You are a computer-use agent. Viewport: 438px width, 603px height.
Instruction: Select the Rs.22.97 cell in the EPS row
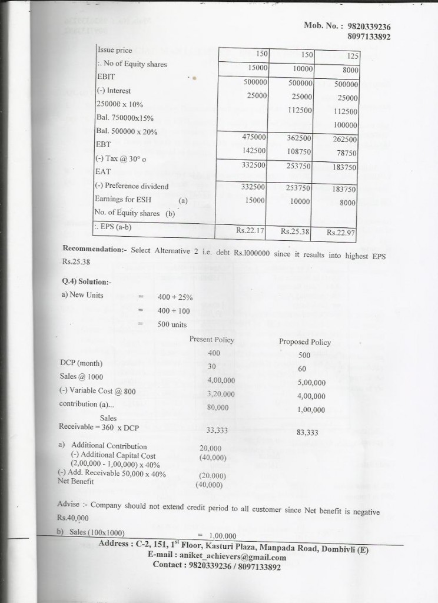pos(342,233)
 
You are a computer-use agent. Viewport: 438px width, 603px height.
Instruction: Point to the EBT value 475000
pos(254,137)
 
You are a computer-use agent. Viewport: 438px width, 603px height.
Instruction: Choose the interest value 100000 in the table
pos(345,125)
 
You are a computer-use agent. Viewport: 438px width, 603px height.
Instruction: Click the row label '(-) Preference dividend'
pos(132,186)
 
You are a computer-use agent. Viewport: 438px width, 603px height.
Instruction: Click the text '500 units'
pos(172,324)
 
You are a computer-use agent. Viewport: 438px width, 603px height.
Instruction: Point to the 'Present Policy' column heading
pos(211,340)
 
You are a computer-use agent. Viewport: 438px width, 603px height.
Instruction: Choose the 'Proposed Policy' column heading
pos(304,342)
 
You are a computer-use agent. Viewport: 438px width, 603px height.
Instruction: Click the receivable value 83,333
pos(307,433)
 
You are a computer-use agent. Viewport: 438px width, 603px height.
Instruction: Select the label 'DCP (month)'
pos(81,363)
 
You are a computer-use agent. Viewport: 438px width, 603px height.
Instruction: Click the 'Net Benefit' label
pos(76,481)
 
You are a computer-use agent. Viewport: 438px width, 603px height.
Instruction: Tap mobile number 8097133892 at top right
pos(369,37)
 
